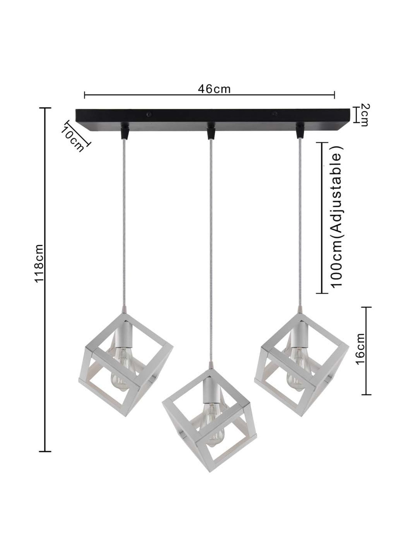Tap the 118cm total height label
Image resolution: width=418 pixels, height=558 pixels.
pos(39,264)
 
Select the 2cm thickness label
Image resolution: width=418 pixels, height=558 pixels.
pos(364,115)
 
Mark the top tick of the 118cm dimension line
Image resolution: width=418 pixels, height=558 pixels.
pos(45,108)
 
